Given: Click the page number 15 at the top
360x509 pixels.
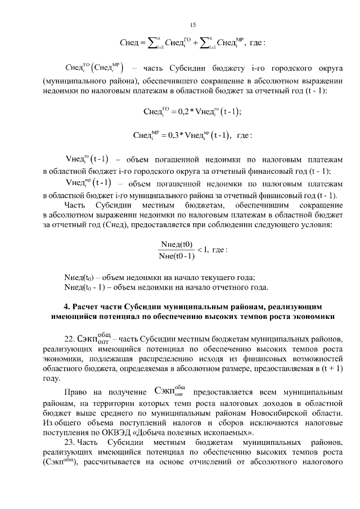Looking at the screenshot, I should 193,24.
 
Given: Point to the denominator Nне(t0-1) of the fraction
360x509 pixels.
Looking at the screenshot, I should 177,256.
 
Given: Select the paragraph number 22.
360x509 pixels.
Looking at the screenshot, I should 69,339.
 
